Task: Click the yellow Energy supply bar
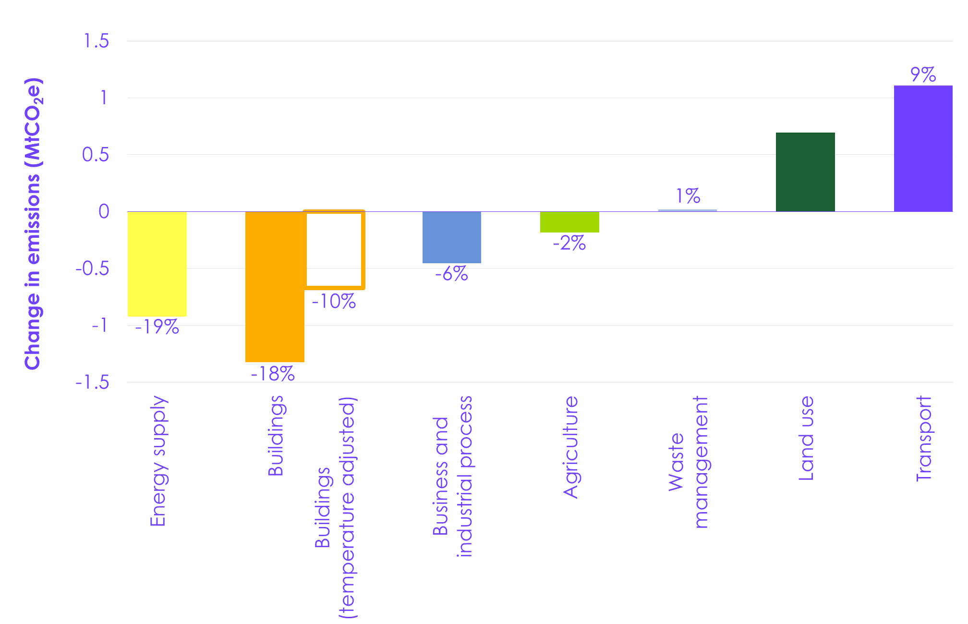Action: (x=157, y=264)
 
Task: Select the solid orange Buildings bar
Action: (x=275, y=286)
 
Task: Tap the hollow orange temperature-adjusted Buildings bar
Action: (x=335, y=250)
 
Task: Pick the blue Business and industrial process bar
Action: (x=451, y=237)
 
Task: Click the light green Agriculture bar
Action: (x=569, y=222)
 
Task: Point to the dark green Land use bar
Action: (x=805, y=171)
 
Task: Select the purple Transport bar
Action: (x=923, y=148)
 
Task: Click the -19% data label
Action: (x=157, y=328)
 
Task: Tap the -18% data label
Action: (x=273, y=374)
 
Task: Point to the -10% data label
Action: (x=334, y=302)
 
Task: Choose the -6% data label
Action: (x=451, y=274)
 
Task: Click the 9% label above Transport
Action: (x=923, y=75)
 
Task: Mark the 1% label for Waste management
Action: (x=688, y=196)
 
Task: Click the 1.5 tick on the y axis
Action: (x=97, y=41)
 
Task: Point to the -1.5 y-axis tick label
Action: (x=93, y=383)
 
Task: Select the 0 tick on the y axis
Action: (x=104, y=211)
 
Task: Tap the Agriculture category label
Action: (x=570, y=447)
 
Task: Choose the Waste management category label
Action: (x=689, y=462)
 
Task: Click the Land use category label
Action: (x=806, y=438)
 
